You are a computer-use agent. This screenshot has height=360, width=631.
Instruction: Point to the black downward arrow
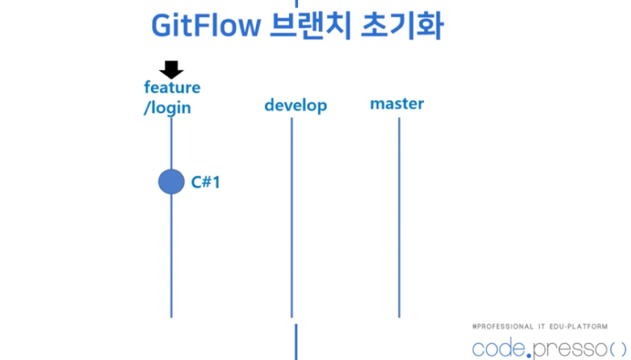(x=172, y=69)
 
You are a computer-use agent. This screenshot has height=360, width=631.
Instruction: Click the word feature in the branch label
(x=172, y=87)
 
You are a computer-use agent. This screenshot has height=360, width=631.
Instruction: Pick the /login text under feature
(x=167, y=108)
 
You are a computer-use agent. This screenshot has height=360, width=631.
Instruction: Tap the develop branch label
(x=296, y=105)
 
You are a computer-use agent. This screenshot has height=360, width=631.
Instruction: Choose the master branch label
(x=397, y=103)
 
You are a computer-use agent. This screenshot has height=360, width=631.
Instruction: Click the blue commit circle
(x=171, y=181)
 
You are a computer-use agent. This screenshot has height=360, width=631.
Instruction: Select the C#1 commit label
(x=205, y=181)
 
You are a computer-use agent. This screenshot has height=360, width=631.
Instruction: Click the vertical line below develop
(x=291, y=217)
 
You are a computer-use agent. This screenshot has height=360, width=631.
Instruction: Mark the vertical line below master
(x=399, y=217)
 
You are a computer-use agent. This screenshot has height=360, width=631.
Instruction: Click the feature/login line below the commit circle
(x=171, y=254)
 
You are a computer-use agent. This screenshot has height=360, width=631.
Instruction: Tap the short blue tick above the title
(x=296, y=3)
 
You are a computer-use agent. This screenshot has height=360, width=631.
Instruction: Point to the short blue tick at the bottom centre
(x=296, y=341)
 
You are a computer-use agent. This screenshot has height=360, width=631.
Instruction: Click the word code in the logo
(x=500, y=349)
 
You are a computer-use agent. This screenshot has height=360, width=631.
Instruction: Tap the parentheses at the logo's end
(x=618, y=349)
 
